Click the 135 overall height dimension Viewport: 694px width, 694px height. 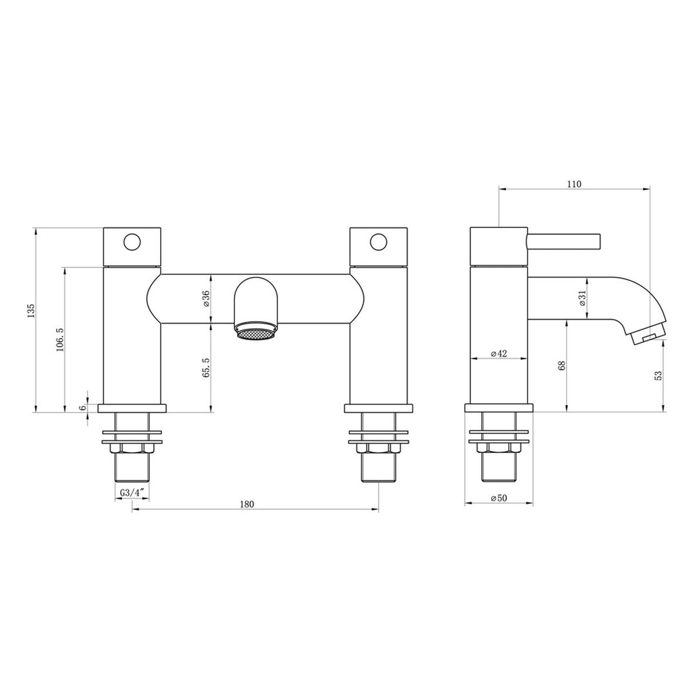click(31, 310)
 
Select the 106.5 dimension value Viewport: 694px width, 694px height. click(59, 340)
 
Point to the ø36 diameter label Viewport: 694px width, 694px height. click(206, 299)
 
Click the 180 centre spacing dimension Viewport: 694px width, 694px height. click(246, 504)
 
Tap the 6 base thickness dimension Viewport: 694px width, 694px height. click(82, 407)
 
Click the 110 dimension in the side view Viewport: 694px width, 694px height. click(574, 184)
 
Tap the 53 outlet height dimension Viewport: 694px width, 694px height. click(658, 376)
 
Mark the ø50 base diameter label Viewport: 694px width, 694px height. click(499, 498)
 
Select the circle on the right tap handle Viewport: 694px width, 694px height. click(378, 242)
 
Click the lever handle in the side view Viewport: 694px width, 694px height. click(563, 241)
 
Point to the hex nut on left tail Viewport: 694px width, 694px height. click(132, 449)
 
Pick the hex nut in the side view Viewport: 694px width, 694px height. click(499, 449)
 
